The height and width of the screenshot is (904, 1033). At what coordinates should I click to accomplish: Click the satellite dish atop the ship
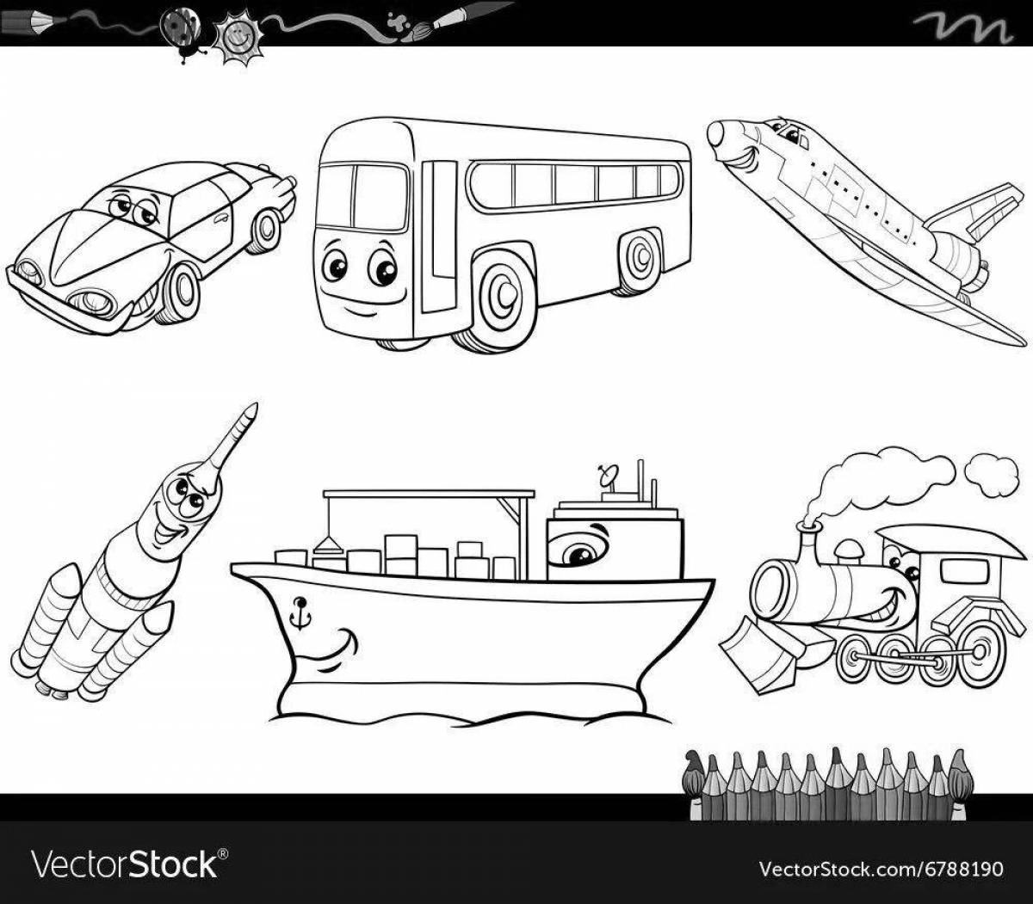click(608, 475)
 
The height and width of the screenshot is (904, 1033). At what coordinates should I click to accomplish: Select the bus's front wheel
click(498, 298)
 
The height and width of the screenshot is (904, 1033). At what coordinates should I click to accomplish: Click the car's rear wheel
click(265, 229)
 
